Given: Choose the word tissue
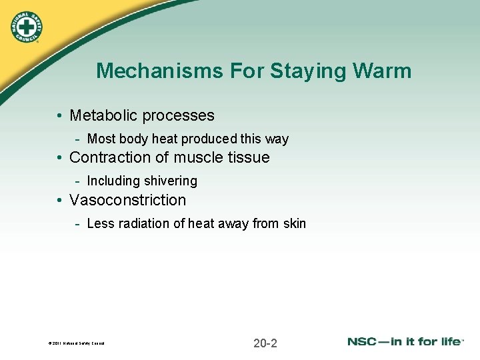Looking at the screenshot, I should pyautogui.click(x=247, y=157).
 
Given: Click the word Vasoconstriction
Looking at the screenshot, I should pyautogui.click(x=128, y=200).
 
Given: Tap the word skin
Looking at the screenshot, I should pyautogui.click(x=294, y=223).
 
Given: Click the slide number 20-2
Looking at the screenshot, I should pyautogui.click(x=265, y=343).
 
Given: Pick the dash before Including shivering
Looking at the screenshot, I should pyautogui.click(x=79, y=181).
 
